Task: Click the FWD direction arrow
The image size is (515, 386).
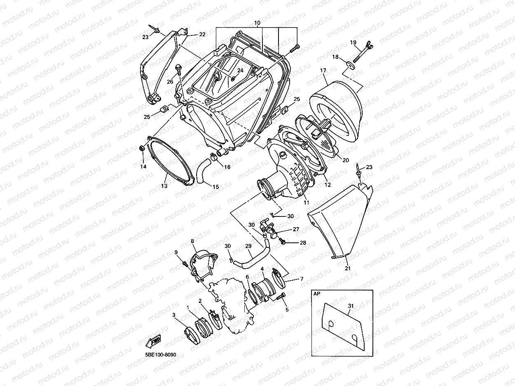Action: point(154,341)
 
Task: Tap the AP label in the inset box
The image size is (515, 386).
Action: point(316,294)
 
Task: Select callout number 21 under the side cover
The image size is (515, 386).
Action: point(347,268)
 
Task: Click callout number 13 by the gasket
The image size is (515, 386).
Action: point(164,186)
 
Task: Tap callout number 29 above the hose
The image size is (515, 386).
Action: point(248,246)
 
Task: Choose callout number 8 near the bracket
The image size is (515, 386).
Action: point(192,241)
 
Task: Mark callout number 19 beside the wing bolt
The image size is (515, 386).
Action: point(353,42)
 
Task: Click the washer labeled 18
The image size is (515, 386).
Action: point(350,63)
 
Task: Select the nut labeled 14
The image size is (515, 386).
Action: point(141,149)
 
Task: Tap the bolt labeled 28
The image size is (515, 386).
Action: point(283,242)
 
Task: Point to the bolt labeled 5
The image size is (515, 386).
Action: point(283,296)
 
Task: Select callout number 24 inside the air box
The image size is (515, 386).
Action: point(240,71)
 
